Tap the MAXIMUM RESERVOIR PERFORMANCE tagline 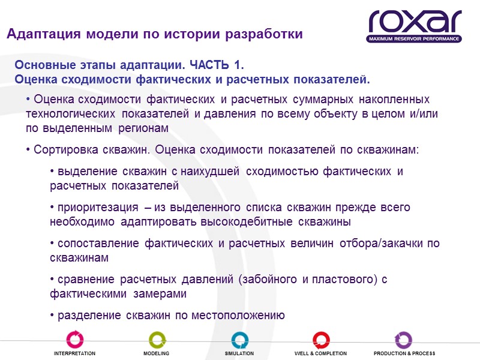[x=415, y=39]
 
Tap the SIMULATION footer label [x=239, y=354]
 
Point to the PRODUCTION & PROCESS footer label [x=404, y=354]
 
